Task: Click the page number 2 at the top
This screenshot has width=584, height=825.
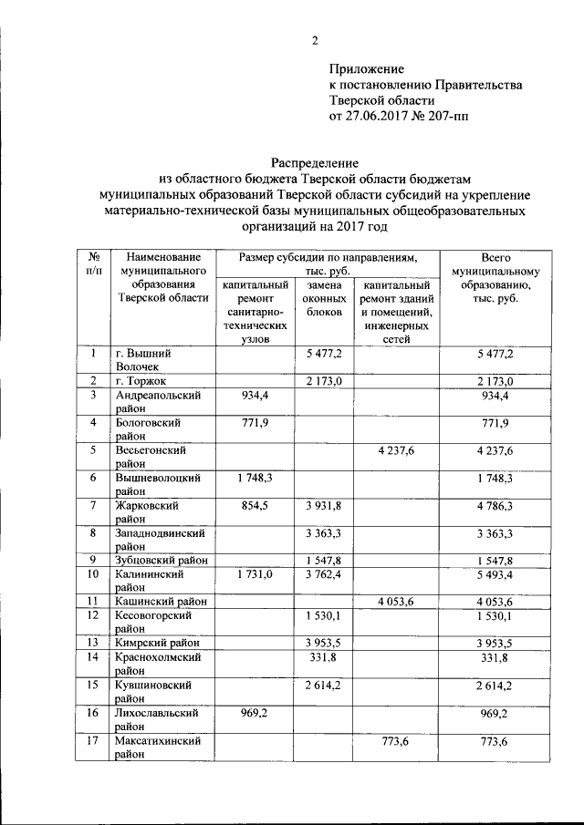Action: pos(315,40)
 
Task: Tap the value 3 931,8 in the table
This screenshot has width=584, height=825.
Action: pos(323,505)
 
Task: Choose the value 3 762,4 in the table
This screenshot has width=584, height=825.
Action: pos(323,574)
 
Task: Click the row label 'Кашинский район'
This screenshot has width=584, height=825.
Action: pos(161,602)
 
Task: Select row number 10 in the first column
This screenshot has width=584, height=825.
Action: pos(93,574)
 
